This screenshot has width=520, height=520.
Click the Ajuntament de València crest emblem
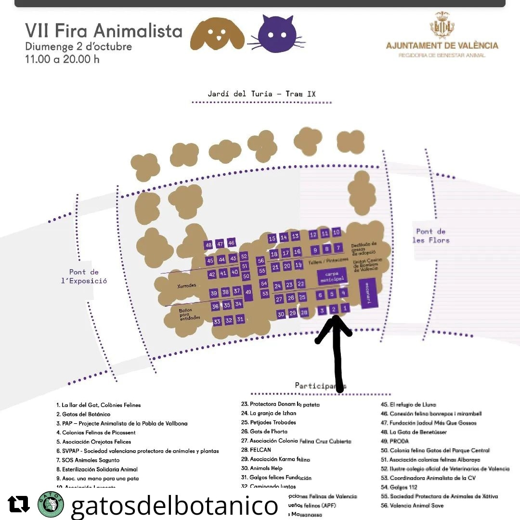pyautogui.click(x=442, y=26)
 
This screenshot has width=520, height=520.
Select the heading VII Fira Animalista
pyautogui.click(x=104, y=31)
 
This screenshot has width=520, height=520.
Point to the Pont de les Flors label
pyautogui.click(x=431, y=235)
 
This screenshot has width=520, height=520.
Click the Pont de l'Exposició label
pyautogui.click(x=84, y=276)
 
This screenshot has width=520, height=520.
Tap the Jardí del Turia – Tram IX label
pyautogui.click(x=261, y=94)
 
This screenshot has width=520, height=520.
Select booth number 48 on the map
pyautogui.click(x=208, y=245)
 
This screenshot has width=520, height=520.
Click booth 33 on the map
pyautogui.click(x=217, y=321)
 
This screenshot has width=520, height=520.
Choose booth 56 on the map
pyautogui.click(x=261, y=260)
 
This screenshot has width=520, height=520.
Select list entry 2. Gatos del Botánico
pyautogui.click(x=83, y=414)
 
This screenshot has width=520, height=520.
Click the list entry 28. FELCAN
pyautogui.click(x=260, y=450)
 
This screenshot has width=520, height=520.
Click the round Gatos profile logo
pyautogui.click(x=50, y=504)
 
